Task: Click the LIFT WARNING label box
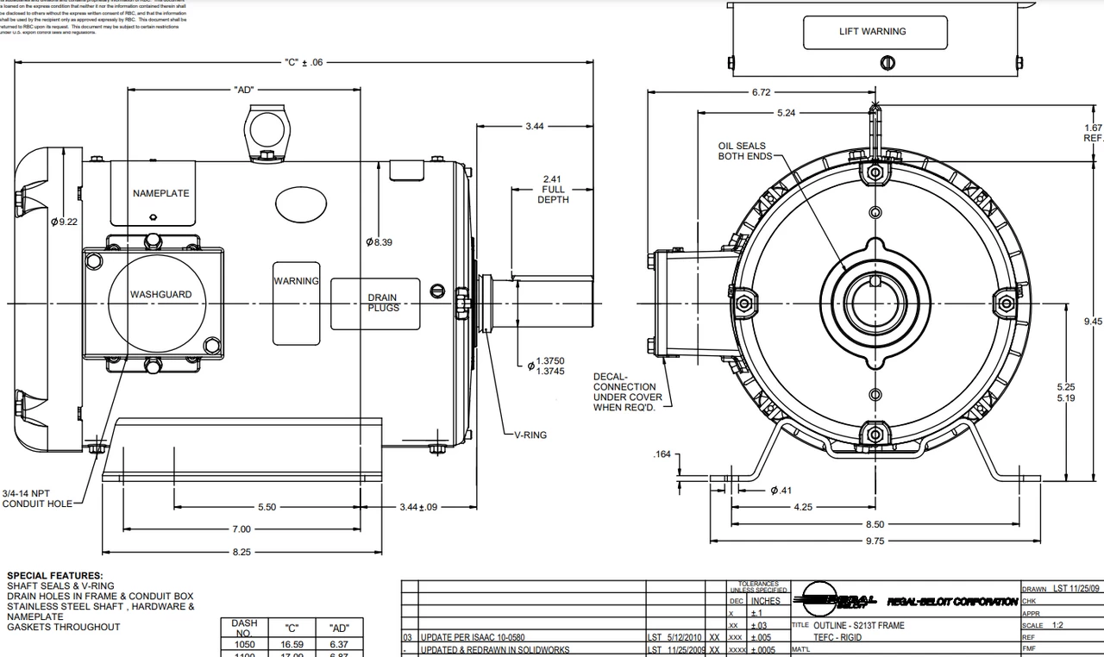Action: pyautogui.click(x=872, y=32)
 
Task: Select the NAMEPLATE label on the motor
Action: pyautogui.click(x=160, y=193)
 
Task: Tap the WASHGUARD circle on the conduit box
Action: pyautogui.click(x=160, y=295)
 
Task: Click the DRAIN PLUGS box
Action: pyautogui.click(x=382, y=303)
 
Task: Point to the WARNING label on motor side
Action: pyautogui.click(x=296, y=281)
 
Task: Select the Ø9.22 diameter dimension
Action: pyautogui.click(x=64, y=222)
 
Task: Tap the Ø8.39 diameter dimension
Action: pyautogui.click(x=379, y=242)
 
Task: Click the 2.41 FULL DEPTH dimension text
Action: pyautogui.click(x=553, y=190)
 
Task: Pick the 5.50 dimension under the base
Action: pyautogui.click(x=267, y=507)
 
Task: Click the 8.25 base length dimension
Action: pyautogui.click(x=241, y=552)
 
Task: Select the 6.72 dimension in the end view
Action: pyautogui.click(x=761, y=92)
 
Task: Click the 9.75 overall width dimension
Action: pyautogui.click(x=874, y=541)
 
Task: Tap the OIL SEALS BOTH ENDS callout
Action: pyautogui.click(x=742, y=151)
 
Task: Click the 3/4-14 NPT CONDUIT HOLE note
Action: pyautogui.click(x=38, y=498)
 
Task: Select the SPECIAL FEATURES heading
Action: pyautogui.click(x=54, y=575)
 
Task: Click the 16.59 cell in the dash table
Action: pyautogui.click(x=293, y=644)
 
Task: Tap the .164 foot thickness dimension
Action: pyautogui.click(x=662, y=454)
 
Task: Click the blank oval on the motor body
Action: pyautogui.click(x=301, y=205)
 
